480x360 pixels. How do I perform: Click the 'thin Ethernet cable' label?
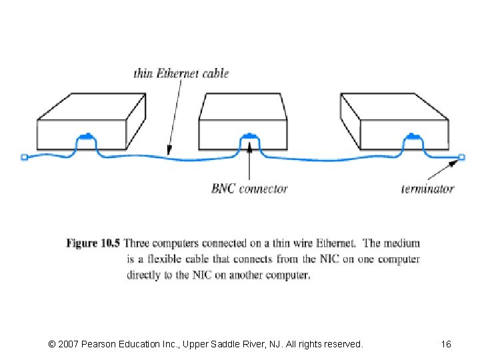[x=181, y=73]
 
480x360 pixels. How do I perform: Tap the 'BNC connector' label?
[x=249, y=189]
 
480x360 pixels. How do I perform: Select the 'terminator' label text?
[x=427, y=189]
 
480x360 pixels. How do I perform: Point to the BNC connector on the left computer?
[x=86, y=137]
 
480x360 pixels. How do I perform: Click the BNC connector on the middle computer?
[x=249, y=137]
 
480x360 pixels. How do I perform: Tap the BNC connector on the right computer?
[x=413, y=137]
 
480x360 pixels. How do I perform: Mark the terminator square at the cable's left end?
[x=25, y=158]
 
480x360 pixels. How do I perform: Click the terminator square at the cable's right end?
[x=461, y=158]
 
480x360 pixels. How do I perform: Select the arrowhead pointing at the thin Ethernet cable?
[x=169, y=150]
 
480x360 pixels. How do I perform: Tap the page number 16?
[x=446, y=344]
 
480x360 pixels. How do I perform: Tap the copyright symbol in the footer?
[x=53, y=344]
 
